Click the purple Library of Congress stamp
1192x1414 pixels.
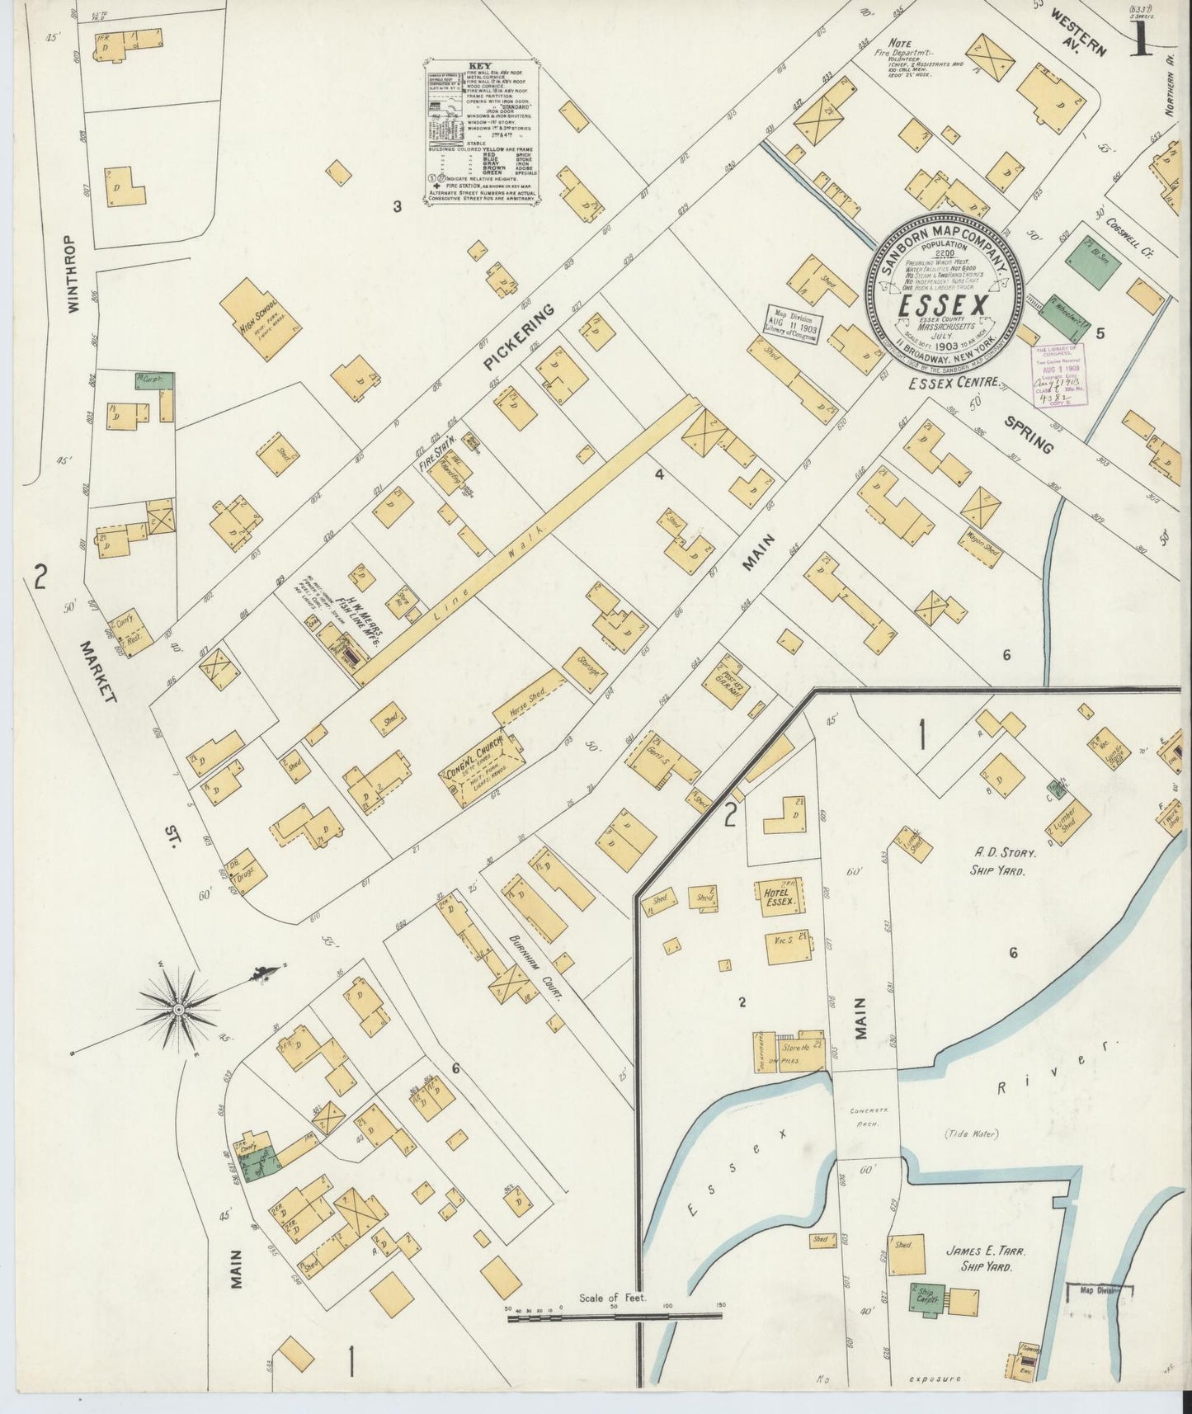tap(1061, 373)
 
